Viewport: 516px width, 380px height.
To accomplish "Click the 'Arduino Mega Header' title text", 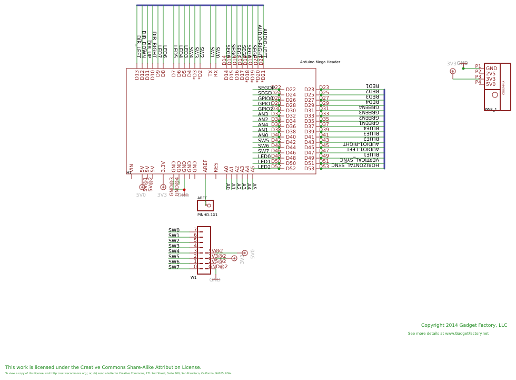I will pos(320,62).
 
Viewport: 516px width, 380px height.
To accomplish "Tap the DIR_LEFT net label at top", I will pos(138,46).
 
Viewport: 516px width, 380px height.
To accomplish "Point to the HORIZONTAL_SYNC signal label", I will pos(355,165).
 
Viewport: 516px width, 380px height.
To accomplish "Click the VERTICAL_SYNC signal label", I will pos(359,160).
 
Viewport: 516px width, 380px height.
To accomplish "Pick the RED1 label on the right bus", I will pos(372,86).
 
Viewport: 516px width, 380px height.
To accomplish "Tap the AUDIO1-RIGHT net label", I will pos(361,144).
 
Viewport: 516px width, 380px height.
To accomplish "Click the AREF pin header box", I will pos(205,206).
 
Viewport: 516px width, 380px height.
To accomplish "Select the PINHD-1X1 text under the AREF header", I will pos(207,215).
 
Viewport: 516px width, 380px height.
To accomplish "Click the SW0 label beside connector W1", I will pos(174,230).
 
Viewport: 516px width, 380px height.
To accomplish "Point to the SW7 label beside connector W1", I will pos(174,267).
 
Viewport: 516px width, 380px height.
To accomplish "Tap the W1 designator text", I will pos(193,277).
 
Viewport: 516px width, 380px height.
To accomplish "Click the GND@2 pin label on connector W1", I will pos(218,267).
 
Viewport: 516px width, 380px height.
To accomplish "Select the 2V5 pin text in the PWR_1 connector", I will pos(491,74).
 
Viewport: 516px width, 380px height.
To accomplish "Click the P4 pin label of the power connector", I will pos(478,82).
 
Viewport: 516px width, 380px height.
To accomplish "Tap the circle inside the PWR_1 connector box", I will pos(495,95).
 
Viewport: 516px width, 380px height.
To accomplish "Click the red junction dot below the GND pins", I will pos(184,190).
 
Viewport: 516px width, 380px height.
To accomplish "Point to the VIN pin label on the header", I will pos(132,168).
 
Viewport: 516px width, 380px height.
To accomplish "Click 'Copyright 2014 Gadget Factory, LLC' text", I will pos(464,325).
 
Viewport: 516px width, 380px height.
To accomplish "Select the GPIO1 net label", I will pos(265,104).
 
